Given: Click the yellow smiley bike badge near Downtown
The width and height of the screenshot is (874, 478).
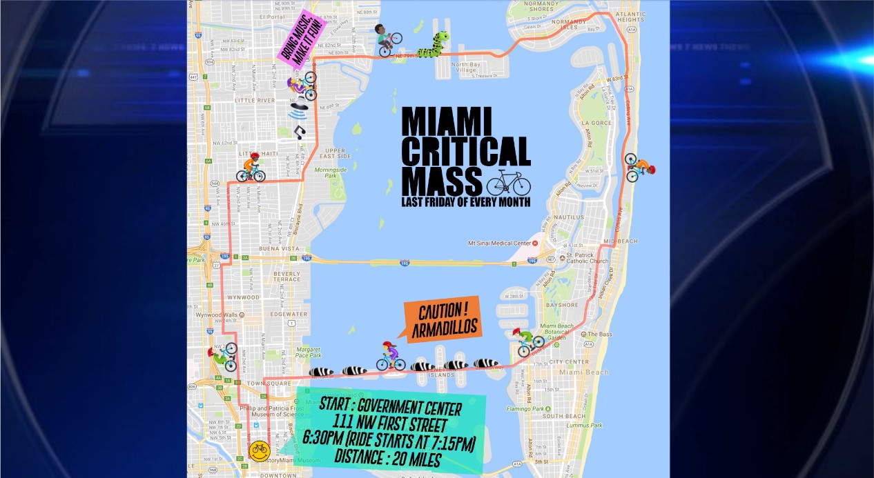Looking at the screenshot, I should [259, 451].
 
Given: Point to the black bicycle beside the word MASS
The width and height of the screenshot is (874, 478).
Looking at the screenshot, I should [508, 183].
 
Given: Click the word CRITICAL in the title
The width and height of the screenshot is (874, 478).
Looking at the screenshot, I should [466, 151].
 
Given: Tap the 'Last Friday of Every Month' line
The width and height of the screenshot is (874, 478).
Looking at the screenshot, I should [466, 202].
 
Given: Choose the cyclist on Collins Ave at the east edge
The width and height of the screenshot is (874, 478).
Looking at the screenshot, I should [639, 167].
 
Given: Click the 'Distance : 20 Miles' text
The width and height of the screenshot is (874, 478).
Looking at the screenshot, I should [389, 457].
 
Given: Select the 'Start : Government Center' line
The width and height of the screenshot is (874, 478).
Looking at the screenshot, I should [390, 404].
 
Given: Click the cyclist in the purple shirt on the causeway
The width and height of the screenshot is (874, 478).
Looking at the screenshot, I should [391, 356].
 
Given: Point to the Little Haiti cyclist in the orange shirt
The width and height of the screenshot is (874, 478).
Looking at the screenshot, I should [251, 168].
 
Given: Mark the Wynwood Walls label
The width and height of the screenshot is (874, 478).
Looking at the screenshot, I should [215, 315].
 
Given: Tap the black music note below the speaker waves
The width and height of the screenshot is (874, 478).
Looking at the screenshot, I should [299, 131].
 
